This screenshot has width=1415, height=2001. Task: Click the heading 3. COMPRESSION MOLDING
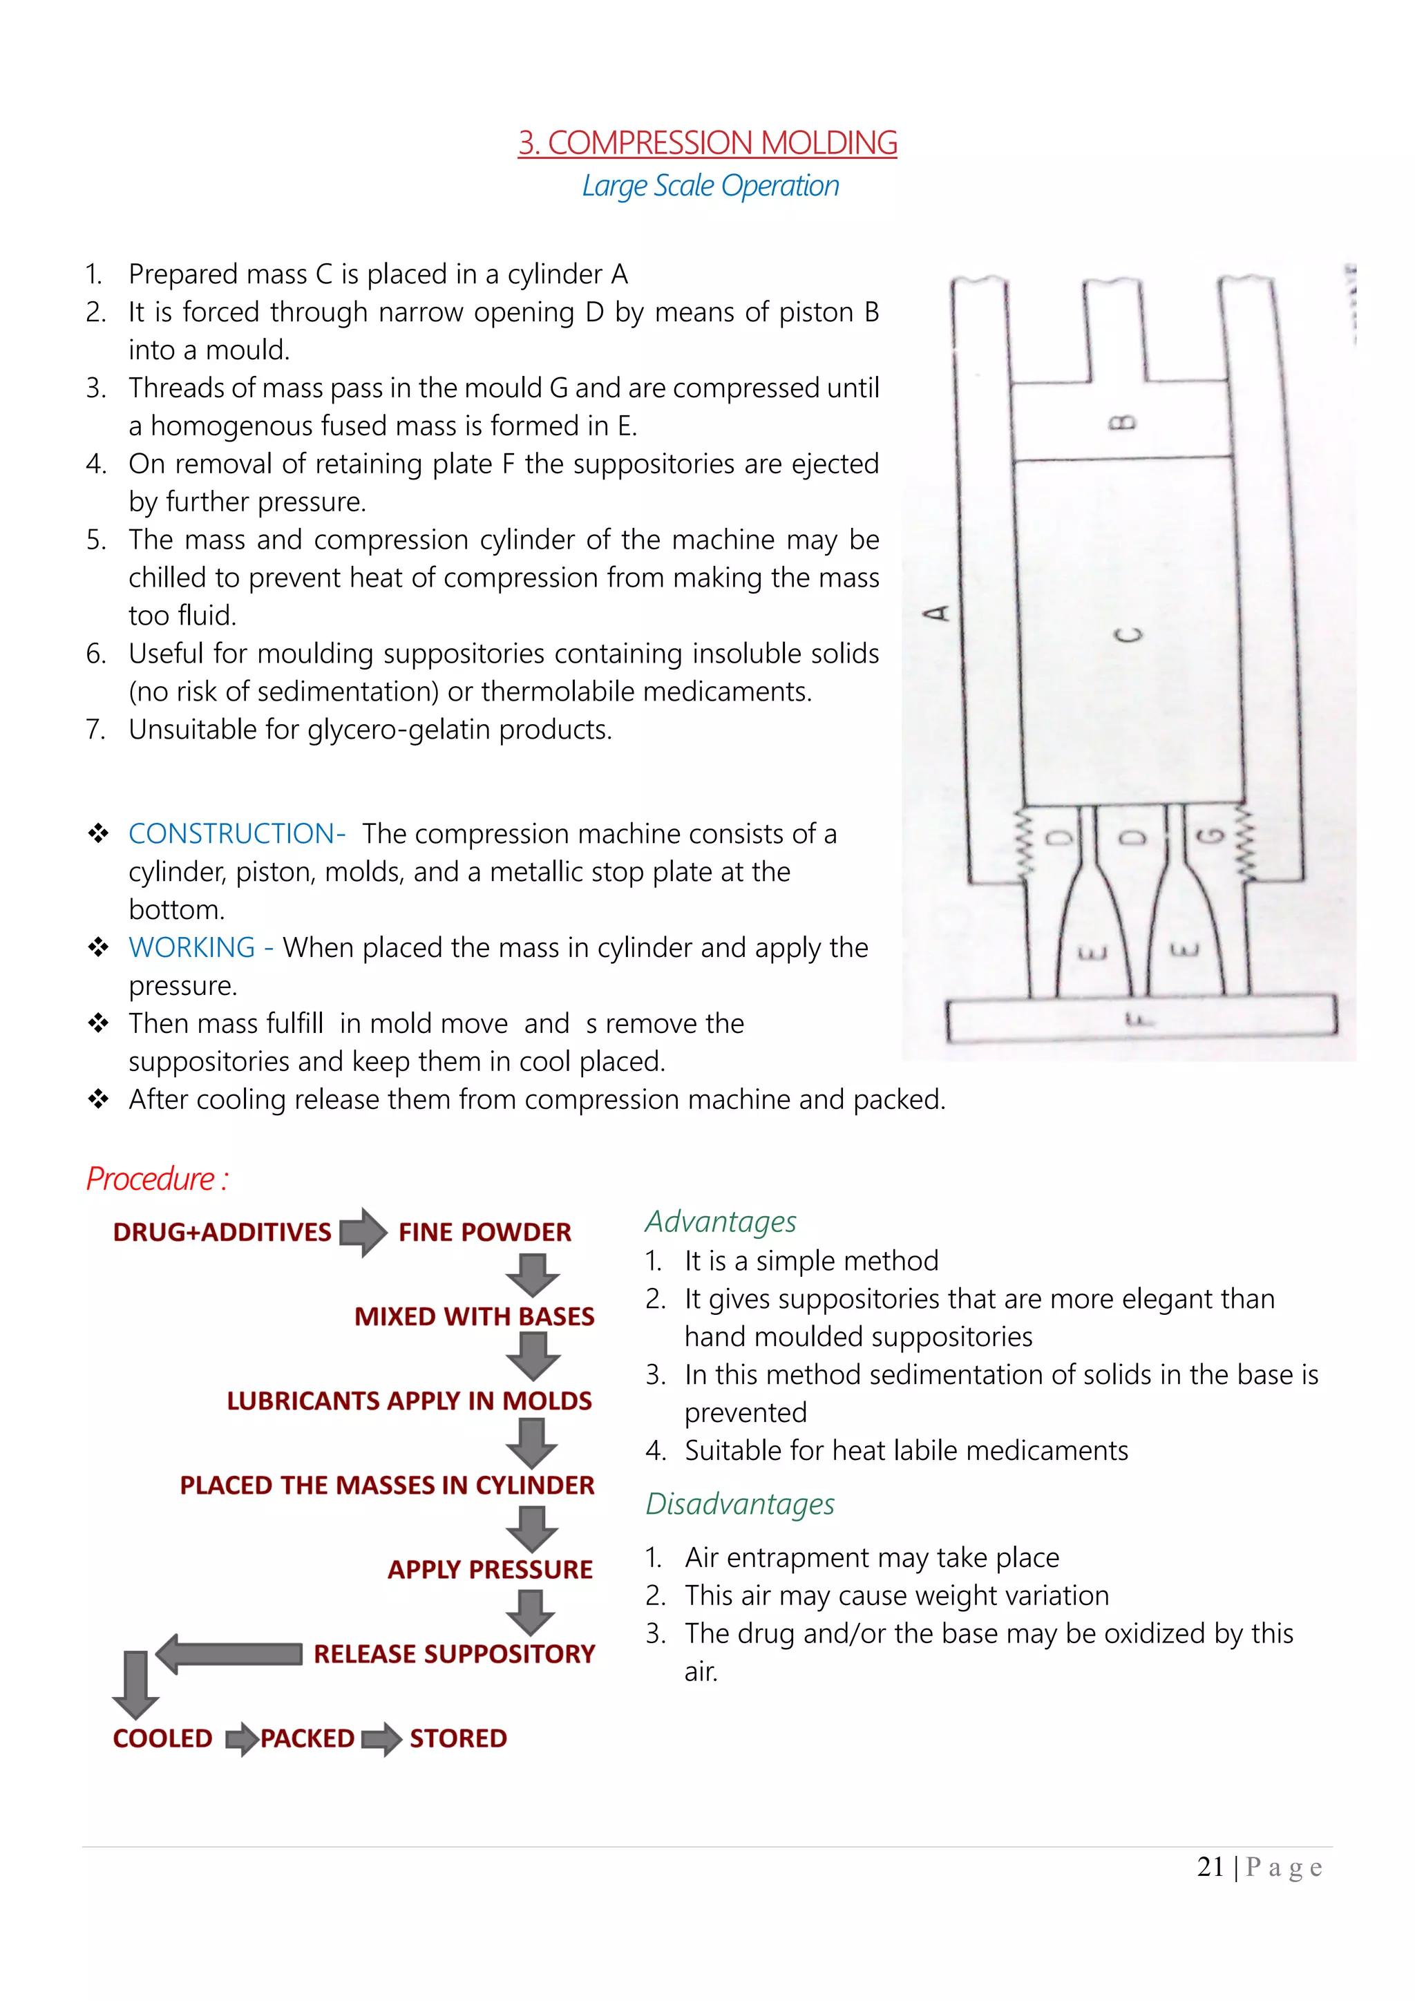coord(707,143)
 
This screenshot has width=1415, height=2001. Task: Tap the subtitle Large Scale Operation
coord(710,186)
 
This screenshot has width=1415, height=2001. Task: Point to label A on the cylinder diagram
coord(937,614)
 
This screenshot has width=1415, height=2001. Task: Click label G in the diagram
coord(1208,837)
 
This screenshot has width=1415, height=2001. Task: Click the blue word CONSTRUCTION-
coord(236,834)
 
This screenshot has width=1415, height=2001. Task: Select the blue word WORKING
coord(191,947)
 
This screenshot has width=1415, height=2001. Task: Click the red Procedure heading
coord(157,1179)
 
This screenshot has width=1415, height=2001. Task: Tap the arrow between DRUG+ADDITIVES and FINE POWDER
coord(363,1231)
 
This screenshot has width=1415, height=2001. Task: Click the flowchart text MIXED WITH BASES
coord(474,1316)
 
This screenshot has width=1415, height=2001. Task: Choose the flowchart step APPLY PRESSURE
coord(490,1570)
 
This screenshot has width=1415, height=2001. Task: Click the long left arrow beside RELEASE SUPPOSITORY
coord(230,1653)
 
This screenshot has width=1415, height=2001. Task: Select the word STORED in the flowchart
coord(457,1738)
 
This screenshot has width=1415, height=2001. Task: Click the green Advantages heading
coord(720,1222)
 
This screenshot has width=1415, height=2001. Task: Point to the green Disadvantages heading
coord(740,1504)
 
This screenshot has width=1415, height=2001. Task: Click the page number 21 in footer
coord(1210,1867)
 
